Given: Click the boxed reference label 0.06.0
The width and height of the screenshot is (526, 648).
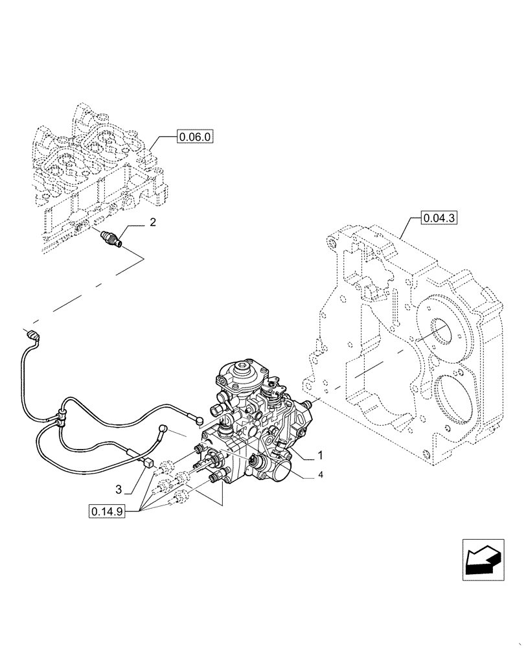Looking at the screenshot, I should (195, 137).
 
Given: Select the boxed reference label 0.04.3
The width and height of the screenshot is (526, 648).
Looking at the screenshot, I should (440, 218).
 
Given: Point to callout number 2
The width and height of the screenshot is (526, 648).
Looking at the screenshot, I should (153, 223).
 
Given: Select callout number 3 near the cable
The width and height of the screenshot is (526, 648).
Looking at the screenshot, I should (119, 487).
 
